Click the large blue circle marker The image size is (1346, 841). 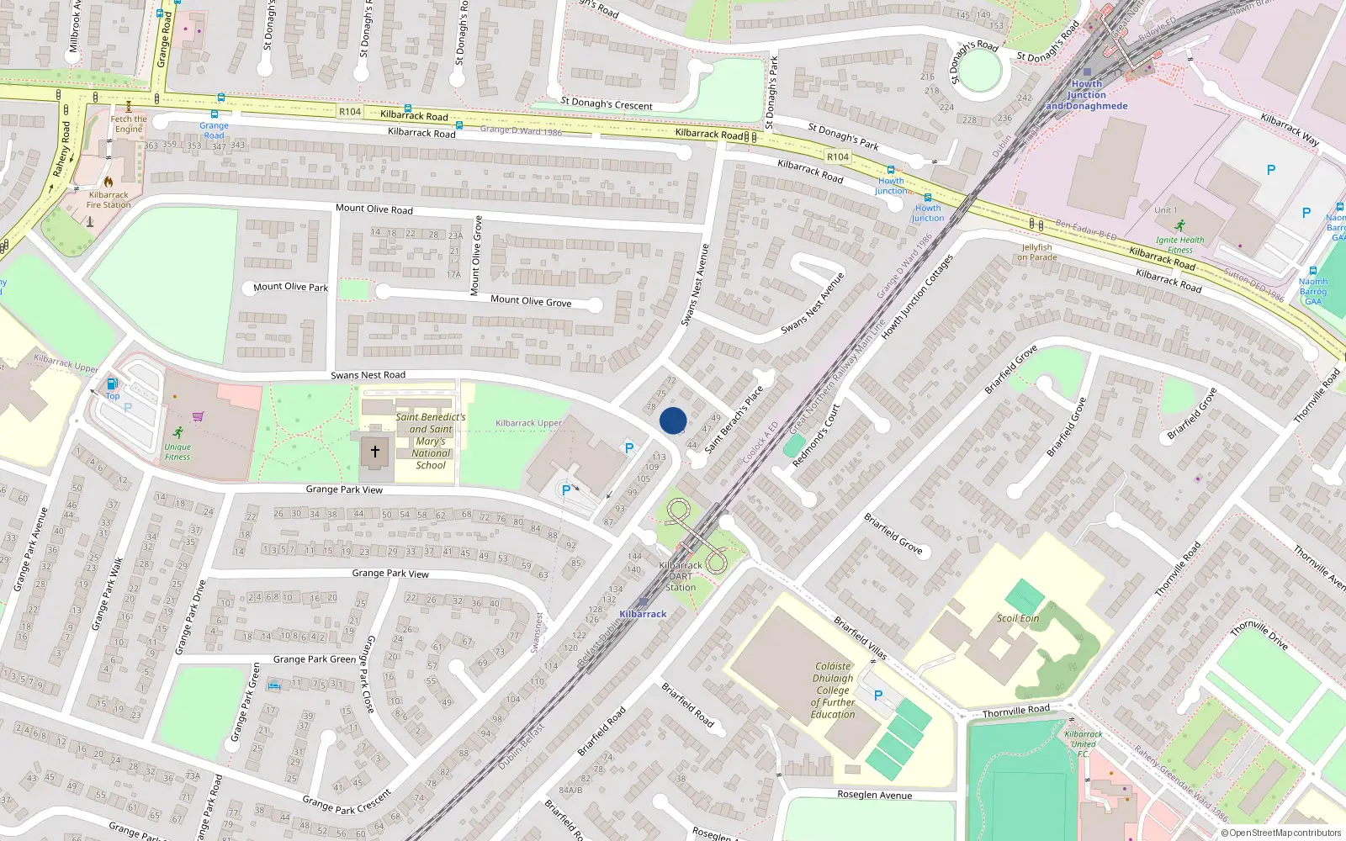[x=673, y=420]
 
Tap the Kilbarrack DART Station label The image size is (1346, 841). [x=681, y=576]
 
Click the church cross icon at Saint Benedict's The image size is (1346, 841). [x=375, y=452]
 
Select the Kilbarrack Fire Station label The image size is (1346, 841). [x=109, y=199]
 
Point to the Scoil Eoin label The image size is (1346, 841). [x=1018, y=618]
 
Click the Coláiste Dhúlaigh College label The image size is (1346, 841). [x=833, y=690]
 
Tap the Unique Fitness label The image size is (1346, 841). [x=178, y=452]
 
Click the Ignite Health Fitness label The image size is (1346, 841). [x=1179, y=245]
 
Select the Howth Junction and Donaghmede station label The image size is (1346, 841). [x=1086, y=95]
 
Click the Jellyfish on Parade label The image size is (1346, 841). [x=1036, y=252]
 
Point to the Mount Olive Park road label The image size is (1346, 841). [x=290, y=287]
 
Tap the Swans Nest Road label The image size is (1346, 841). [x=368, y=375]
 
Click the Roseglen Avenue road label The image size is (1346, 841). [x=874, y=795]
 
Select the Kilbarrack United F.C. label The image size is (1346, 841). [x=1084, y=743]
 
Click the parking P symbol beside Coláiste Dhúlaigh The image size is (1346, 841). [x=878, y=696]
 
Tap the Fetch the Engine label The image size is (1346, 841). [x=129, y=124]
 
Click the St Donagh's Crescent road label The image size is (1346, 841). [x=606, y=103]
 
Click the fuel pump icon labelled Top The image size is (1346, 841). [x=112, y=384]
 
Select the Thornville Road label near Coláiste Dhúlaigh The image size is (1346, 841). [x=1016, y=711]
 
